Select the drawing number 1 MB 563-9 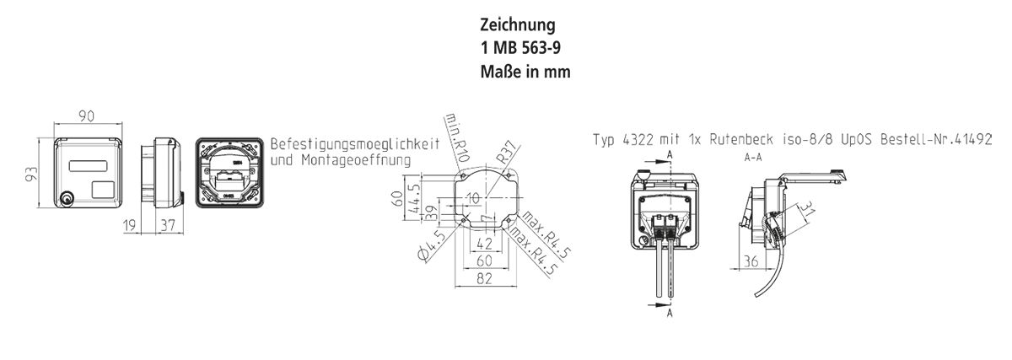[523, 48]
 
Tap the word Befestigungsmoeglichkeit [355, 144]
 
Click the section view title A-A [753, 158]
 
